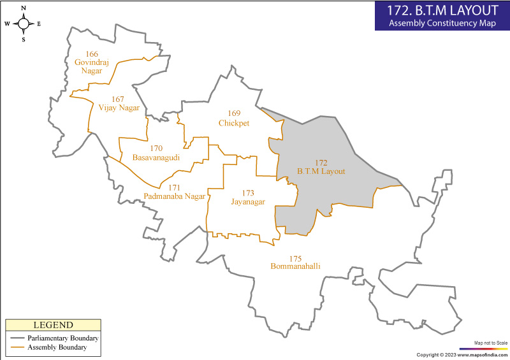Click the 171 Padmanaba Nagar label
coord(175,192)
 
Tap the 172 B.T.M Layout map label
coord(321,167)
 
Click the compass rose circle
coord(24,24)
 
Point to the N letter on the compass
coord(24,8)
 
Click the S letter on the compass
coord(24,40)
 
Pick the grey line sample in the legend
coord(17,338)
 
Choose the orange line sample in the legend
coord(17,348)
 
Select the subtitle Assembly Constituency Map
coord(442,24)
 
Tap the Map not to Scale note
coord(491,343)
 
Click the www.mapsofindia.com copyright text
coord(462,355)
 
